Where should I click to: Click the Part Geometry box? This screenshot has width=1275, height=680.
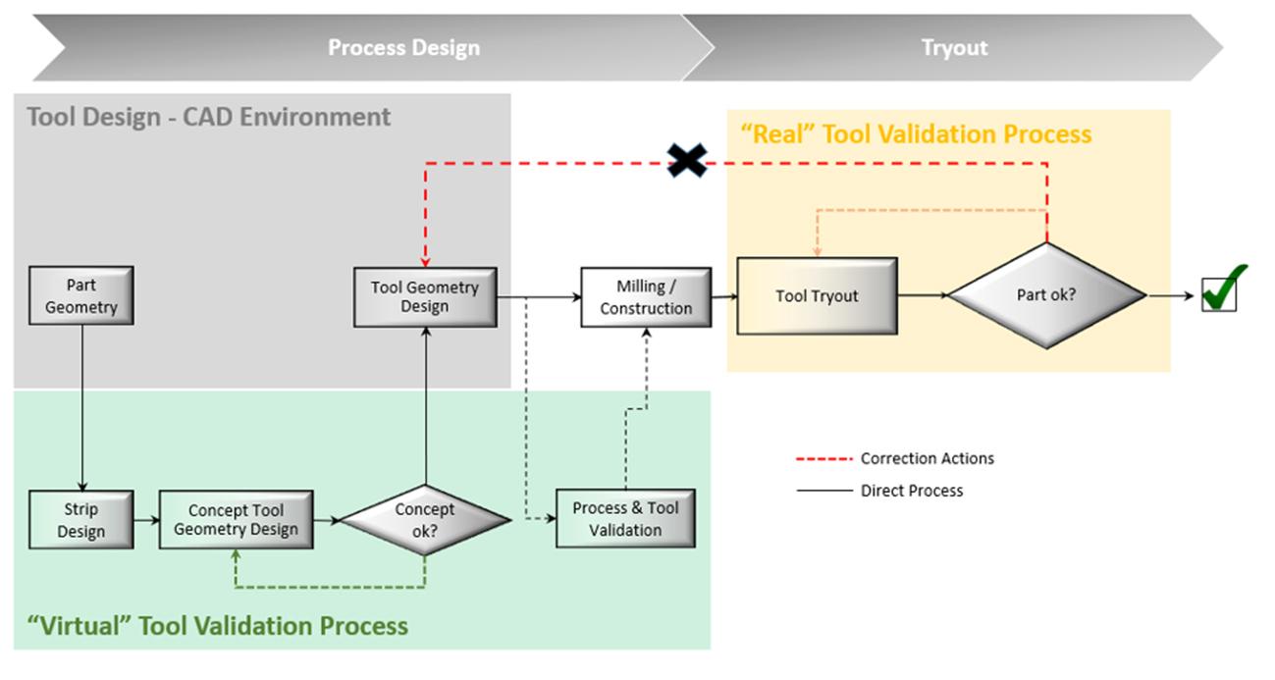coord(81,295)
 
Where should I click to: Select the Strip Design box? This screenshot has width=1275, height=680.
coord(81,519)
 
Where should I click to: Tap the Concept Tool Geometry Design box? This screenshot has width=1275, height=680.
coord(237,519)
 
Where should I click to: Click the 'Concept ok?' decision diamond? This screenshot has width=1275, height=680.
coord(425,520)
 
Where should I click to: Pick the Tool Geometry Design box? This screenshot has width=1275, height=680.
coord(425,297)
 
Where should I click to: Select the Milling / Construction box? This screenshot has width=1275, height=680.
coord(646,297)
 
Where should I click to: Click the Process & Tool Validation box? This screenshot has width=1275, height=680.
coord(625,518)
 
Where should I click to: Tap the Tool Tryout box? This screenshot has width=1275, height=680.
coord(818,296)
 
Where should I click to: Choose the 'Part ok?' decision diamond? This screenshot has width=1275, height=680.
coord(1046,295)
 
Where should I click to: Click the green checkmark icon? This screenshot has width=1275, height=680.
coord(1223,290)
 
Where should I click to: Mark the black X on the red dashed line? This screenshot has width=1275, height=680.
coord(687,160)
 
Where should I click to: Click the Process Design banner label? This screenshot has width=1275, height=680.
coord(404,48)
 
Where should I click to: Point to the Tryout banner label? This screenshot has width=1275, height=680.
coord(955,48)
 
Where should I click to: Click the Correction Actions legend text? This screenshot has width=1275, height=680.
coord(928,458)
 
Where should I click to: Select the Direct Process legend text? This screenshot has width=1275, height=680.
coord(912,491)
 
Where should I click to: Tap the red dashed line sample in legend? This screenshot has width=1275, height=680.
coord(824,458)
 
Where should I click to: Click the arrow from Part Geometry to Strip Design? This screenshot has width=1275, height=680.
coord(82,408)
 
